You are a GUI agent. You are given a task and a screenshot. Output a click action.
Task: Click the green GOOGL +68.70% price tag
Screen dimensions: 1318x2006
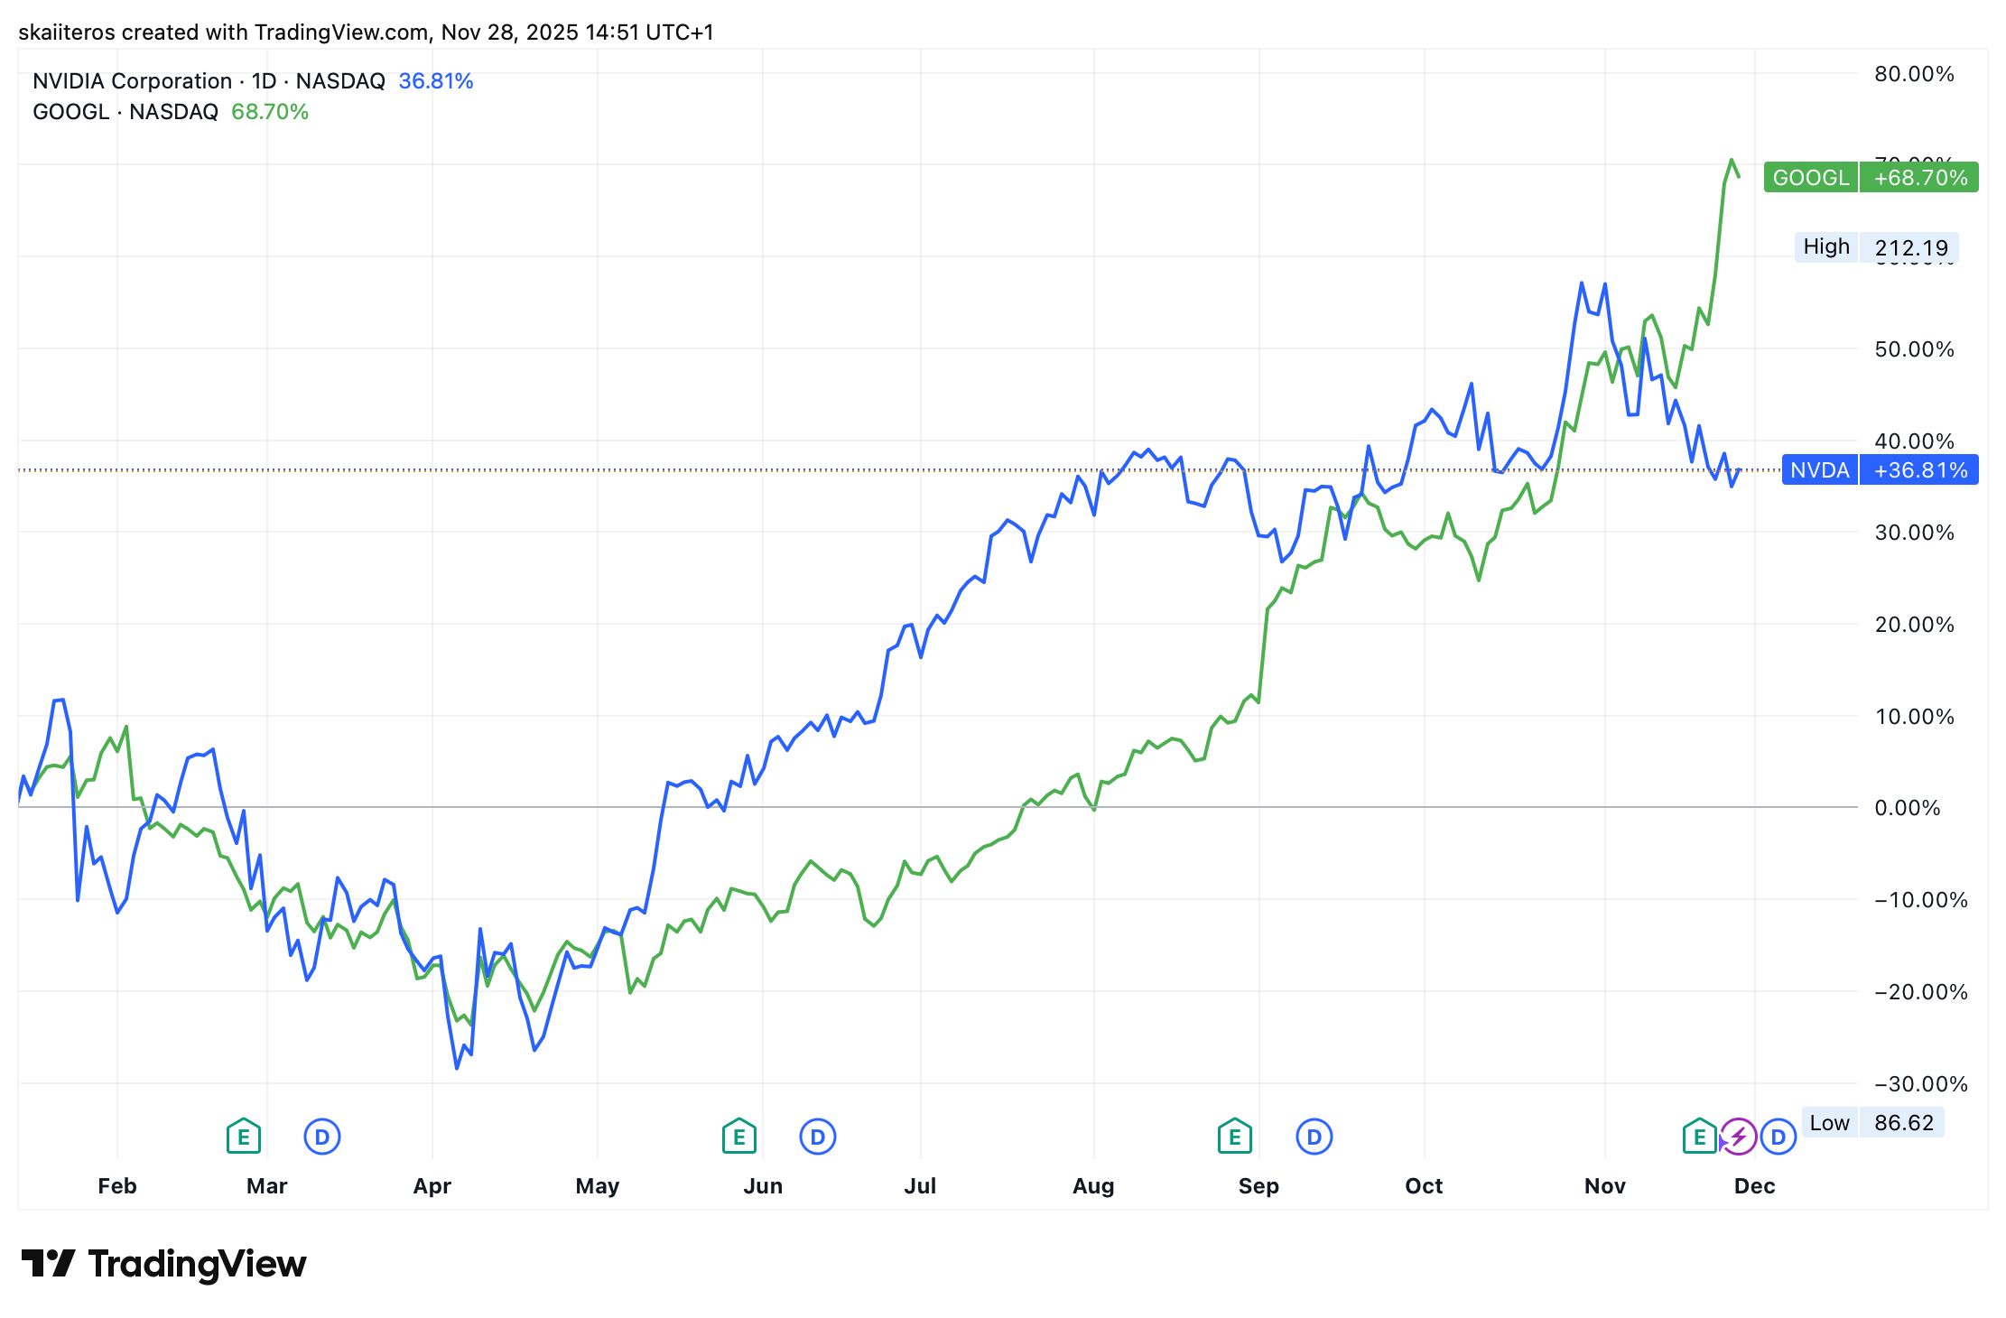(1871, 177)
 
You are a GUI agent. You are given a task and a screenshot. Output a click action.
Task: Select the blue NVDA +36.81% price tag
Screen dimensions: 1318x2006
(1880, 469)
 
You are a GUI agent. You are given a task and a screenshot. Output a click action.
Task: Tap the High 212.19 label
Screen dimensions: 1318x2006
(1876, 246)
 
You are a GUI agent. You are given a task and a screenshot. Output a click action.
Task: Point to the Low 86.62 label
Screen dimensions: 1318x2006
(1872, 1122)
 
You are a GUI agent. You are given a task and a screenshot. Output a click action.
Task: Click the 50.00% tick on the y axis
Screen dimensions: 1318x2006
(1914, 349)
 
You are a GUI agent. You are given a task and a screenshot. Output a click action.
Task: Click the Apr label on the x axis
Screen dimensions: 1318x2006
(432, 1185)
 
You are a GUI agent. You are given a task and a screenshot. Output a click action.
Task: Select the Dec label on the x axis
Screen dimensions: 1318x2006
(1754, 1185)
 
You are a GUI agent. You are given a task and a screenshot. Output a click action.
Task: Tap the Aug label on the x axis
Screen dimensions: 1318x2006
(1093, 1185)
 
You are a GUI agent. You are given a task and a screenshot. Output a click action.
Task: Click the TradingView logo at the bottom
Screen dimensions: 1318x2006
(163, 1264)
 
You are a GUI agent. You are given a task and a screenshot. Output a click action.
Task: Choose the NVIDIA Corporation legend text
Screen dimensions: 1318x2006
(132, 81)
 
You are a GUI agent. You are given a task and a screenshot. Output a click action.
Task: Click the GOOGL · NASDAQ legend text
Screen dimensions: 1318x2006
(125, 112)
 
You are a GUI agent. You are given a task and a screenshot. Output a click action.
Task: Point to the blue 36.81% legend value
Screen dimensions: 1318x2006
(436, 81)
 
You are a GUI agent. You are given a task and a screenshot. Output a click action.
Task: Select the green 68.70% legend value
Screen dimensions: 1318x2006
(270, 112)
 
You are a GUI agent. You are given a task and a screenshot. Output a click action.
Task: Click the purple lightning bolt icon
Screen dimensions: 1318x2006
(1739, 1137)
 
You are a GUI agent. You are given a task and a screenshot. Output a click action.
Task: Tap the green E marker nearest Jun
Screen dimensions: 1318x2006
(738, 1137)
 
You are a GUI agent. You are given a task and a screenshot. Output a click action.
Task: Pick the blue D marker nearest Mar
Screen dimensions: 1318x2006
(321, 1137)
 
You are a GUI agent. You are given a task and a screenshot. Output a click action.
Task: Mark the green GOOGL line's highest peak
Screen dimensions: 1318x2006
(1731, 160)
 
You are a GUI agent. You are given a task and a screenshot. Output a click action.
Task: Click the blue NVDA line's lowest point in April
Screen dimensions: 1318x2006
(457, 1068)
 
